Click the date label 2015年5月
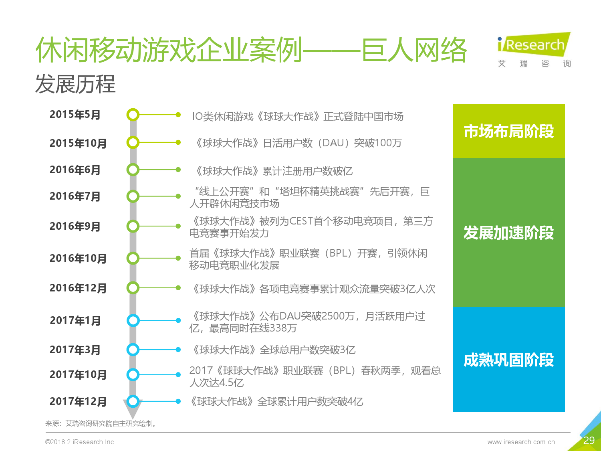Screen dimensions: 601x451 tap(75, 115)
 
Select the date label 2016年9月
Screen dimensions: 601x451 tap(75, 226)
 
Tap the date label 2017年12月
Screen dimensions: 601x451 tap(78, 401)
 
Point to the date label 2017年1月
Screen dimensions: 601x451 tap(75, 320)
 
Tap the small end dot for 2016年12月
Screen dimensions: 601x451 tap(178, 288)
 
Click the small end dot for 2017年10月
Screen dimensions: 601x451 tap(178, 374)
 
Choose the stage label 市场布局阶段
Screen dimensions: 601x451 tap(509, 131)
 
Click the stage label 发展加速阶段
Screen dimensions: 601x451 tap(509, 233)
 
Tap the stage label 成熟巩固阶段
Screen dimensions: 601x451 tap(509, 360)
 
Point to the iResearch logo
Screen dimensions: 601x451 tap(534, 50)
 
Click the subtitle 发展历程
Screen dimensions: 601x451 tap(75, 84)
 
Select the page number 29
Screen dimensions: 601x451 tap(589, 440)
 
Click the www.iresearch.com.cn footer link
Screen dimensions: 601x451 tap(521, 442)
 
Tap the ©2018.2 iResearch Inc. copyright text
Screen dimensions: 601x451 tap(80, 442)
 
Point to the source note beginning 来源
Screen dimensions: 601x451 tap(101, 423)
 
